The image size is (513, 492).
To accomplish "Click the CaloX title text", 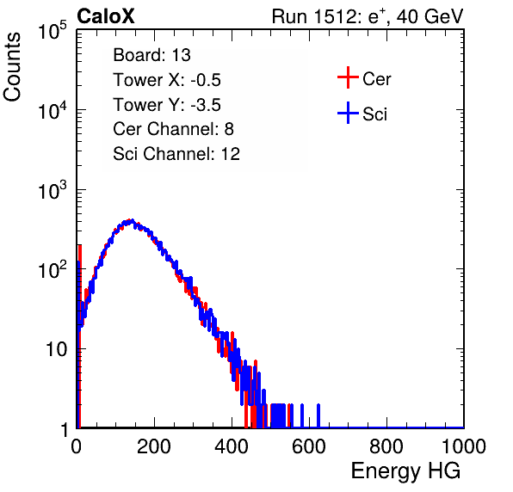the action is point(106,16).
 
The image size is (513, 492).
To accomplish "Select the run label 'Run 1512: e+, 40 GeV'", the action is point(368,16).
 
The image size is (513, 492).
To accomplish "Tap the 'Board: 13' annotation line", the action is point(151,55).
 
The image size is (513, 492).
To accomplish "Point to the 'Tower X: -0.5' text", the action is point(167,80).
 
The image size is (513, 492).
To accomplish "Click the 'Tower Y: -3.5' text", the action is point(167,105).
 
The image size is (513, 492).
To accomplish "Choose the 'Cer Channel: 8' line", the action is point(173,129).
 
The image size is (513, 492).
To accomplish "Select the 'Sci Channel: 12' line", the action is point(176,154).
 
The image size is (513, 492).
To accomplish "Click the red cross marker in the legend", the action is point(348,77).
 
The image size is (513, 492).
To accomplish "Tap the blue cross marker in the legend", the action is point(348,113).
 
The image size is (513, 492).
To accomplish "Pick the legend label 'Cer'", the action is point(376,79).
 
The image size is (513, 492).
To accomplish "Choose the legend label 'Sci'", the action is point(375,114).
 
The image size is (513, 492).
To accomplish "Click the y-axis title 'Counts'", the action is point(12,67).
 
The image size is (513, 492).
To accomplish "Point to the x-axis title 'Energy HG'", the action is point(405,470).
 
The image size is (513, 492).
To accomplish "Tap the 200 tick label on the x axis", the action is point(154,446).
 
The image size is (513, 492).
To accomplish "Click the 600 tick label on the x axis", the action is point(309,446).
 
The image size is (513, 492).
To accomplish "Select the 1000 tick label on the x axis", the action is point(464,446).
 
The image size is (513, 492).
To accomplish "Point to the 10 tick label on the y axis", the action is point(56,350).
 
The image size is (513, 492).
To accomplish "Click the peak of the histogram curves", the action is point(131,221).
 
